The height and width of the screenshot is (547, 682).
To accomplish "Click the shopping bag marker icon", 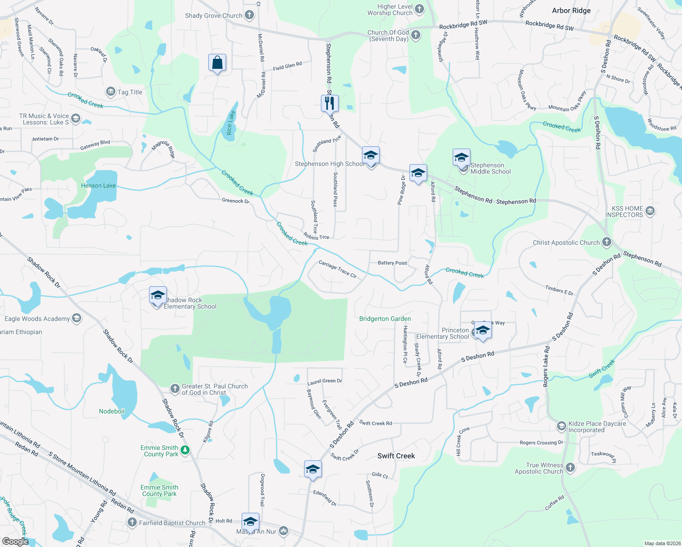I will [217, 63].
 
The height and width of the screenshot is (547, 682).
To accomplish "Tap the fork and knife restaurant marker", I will [330, 103].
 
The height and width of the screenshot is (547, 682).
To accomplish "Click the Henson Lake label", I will [98, 186].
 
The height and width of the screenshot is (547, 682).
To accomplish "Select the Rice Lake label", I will [231, 123].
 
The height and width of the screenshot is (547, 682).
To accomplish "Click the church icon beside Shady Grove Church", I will [249, 15].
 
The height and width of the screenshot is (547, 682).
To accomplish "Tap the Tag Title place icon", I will [110, 92].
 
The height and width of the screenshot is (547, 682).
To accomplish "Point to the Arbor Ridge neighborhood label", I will [571, 10].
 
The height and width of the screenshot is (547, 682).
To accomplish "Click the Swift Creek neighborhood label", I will [396, 456].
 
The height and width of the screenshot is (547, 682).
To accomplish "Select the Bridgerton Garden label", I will [385, 319].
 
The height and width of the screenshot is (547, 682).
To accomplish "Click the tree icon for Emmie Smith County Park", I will [185, 450].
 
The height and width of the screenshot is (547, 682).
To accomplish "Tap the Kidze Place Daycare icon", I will [562, 427].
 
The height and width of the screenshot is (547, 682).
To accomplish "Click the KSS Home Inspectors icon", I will [650, 211].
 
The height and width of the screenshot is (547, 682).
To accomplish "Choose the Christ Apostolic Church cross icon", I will [606, 242].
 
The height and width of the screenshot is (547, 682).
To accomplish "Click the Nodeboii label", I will [112, 411].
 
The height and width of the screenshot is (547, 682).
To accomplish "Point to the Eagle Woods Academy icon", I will [77, 318].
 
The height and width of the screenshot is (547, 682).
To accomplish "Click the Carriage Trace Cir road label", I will [337, 269].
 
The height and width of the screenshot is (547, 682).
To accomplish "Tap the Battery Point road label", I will [393, 263].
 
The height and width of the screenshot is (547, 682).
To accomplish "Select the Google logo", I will [15, 542].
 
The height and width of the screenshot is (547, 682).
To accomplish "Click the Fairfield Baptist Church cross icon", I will [132, 522].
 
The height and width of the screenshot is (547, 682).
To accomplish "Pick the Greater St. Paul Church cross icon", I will [175, 388].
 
